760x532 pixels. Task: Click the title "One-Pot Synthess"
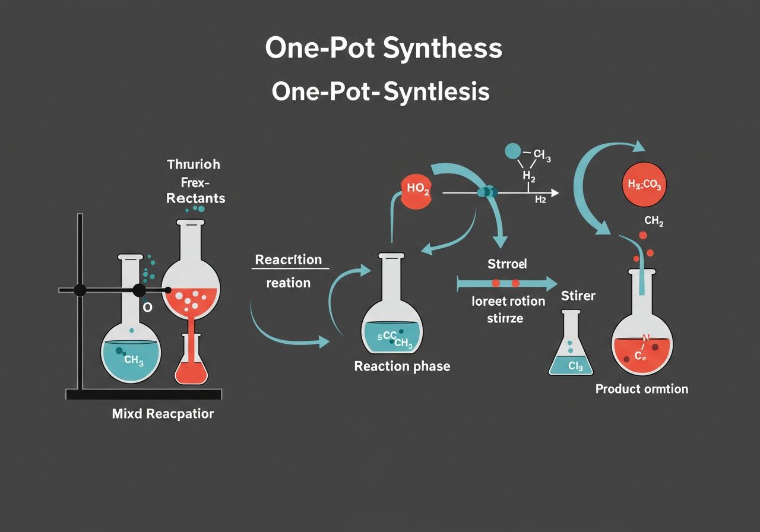pos(384,49)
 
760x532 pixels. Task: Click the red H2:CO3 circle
pos(644,185)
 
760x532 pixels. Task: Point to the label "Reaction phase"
pos(402,366)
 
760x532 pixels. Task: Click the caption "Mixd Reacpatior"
pos(163,413)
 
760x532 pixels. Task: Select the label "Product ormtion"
pos(641,389)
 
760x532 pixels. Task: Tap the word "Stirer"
pos(578,295)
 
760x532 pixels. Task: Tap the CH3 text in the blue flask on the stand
pos(133,360)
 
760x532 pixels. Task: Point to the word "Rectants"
pos(196,198)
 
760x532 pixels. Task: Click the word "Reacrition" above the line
pos(289,259)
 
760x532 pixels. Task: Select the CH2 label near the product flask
pos(654,221)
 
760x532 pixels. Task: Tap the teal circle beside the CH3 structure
pos(512,151)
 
